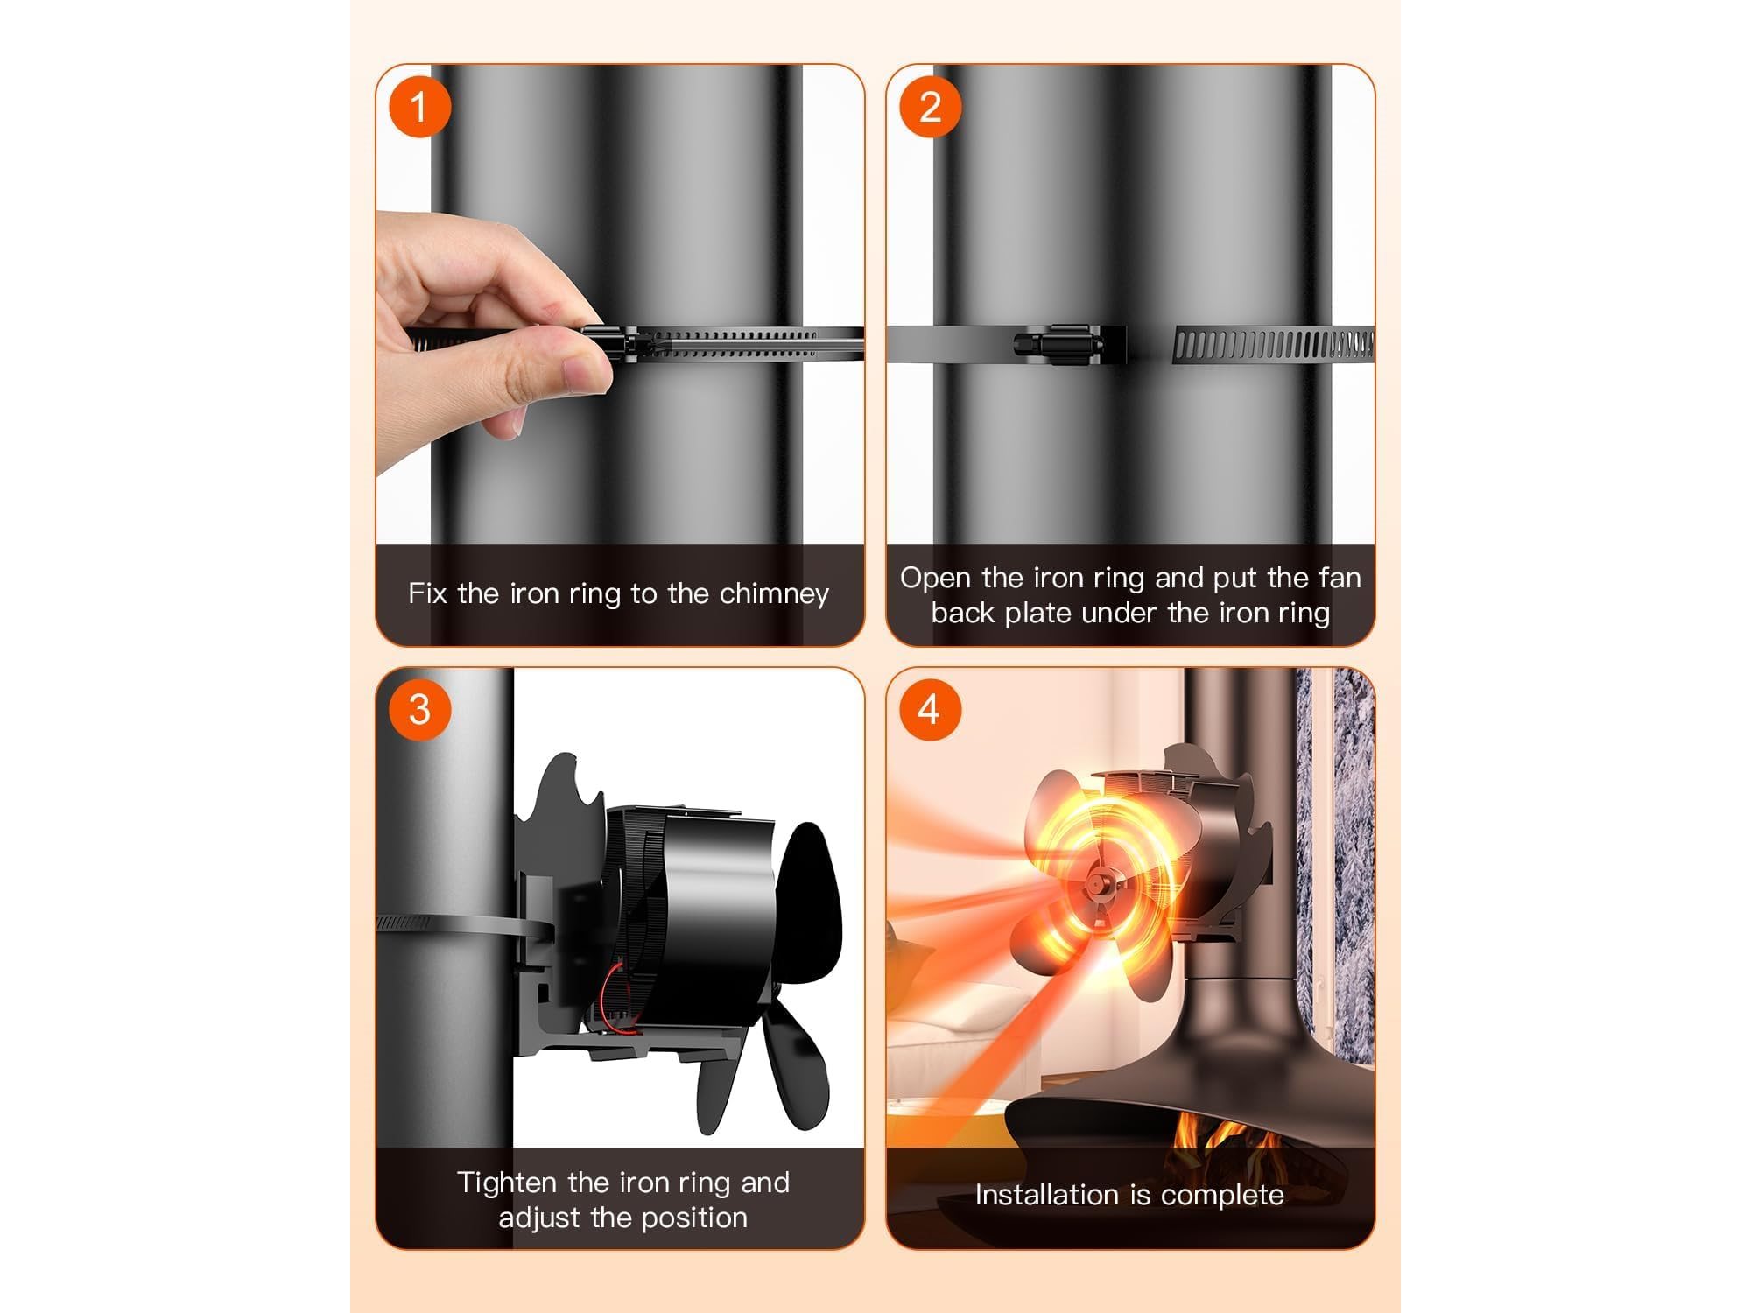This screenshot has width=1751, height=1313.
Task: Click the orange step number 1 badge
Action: [x=419, y=107]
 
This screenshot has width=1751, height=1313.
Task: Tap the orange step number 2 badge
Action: [x=931, y=107]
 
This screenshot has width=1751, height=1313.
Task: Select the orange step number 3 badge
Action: [x=419, y=710]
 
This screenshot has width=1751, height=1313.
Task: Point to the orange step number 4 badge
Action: [x=931, y=710]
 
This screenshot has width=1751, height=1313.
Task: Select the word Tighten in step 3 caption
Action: [x=509, y=1183]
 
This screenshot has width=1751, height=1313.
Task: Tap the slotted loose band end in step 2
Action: [x=1274, y=346]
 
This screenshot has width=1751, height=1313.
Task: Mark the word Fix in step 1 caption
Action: [x=428, y=594]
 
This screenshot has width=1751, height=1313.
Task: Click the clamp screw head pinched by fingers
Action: [x=604, y=343]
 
